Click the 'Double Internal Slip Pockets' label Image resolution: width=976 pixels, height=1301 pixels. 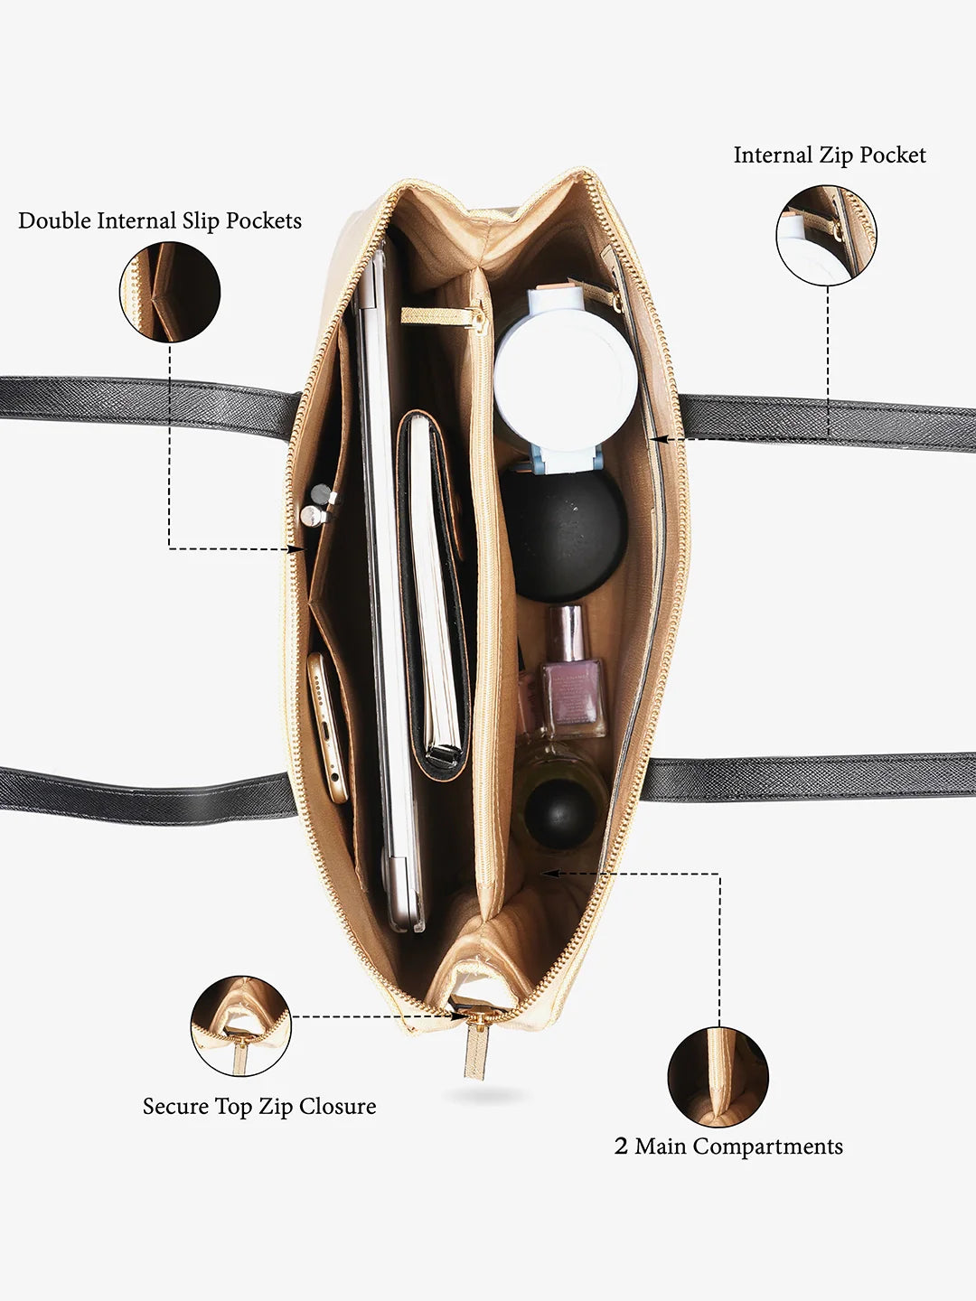160,221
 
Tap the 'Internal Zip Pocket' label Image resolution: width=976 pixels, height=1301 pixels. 830,155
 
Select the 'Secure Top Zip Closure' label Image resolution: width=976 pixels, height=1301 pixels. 259,1107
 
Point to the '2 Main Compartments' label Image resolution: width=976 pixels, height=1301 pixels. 728,1147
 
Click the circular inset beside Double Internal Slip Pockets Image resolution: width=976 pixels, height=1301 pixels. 170,292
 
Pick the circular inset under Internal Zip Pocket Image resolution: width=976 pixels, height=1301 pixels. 826,236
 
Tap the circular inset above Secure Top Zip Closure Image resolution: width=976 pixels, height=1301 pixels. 241,1025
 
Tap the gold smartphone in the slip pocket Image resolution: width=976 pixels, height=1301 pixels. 329,728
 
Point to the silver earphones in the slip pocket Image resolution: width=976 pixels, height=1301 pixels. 317,506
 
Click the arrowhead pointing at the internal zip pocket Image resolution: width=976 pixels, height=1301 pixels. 658,438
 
